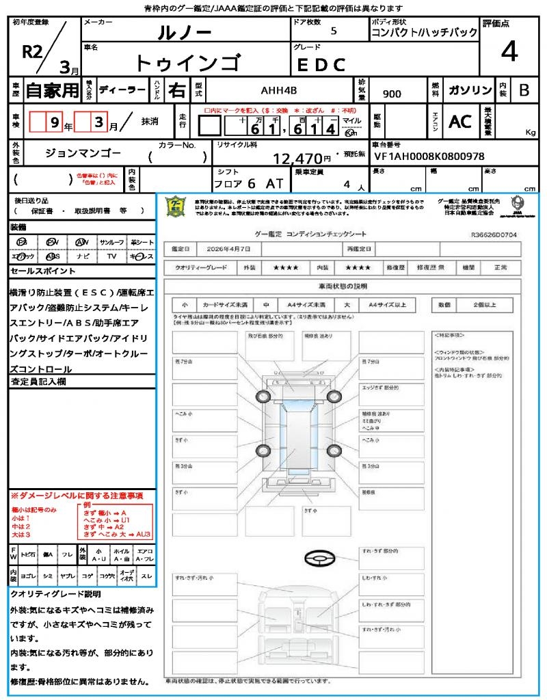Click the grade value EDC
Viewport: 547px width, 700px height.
(321, 65)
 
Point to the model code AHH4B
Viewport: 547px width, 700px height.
(279, 90)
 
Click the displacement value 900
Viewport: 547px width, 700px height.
(392, 94)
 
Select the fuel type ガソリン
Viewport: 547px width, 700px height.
(470, 90)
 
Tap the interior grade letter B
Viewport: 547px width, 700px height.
(524, 90)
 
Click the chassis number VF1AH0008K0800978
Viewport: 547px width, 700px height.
(429, 157)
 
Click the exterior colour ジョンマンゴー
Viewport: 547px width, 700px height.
(84, 153)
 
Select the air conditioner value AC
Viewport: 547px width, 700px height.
(460, 122)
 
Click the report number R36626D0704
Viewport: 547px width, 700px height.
(494, 234)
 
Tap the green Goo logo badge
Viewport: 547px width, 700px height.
(176, 206)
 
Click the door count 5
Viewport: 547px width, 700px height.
(334, 31)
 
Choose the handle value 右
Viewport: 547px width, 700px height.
(176, 90)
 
